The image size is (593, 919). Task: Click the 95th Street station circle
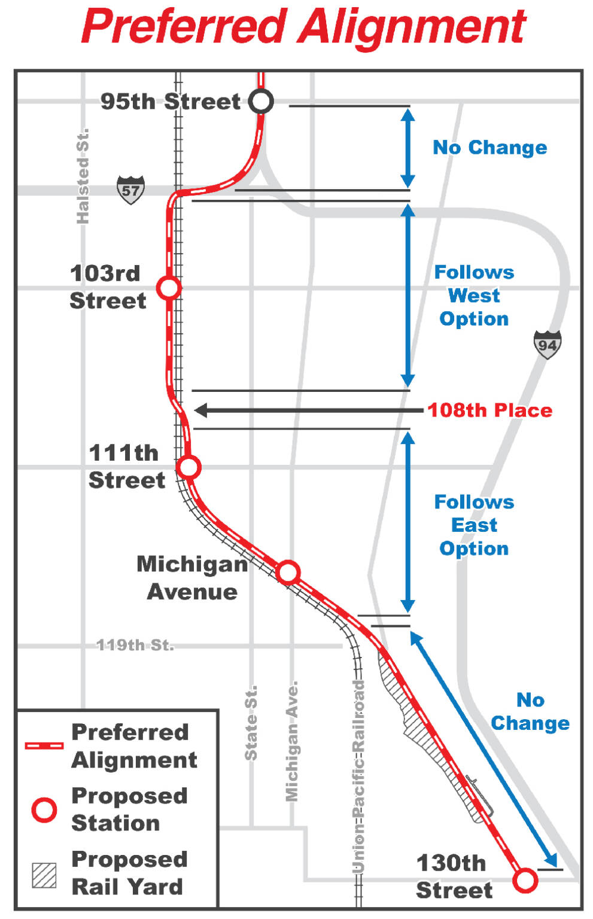(261, 101)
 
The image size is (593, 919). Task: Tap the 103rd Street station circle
(169, 288)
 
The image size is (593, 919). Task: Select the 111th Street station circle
(188, 467)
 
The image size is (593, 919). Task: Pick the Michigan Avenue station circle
(288, 572)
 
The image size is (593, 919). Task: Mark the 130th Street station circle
(525, 880)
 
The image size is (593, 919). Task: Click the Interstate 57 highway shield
(130, 190)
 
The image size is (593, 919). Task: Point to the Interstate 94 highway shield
(547, 345)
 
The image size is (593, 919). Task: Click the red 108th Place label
(489, 410)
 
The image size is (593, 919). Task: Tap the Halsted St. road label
(83, 176)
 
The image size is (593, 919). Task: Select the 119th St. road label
(135, 645)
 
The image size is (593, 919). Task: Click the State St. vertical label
(251, 723)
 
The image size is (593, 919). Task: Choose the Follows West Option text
(474, 296)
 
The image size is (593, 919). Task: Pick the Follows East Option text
(474, 525)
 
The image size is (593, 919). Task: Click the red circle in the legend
(44, 810)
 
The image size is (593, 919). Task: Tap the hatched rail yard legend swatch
(44, 875)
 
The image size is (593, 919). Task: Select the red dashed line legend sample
(44, 745)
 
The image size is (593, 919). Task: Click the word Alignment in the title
(413, 28)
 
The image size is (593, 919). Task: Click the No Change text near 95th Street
(489, 147)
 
